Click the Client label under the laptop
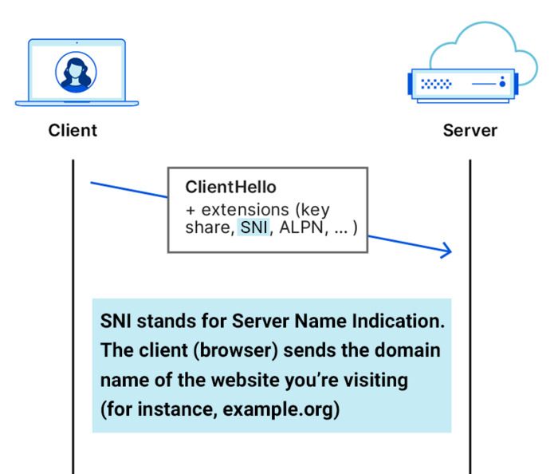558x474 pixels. [x=73, y=131]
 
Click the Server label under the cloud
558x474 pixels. [x=470, y=131]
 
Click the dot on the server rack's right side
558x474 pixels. [x=502, y=82]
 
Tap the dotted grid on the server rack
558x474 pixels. [x=435, y=82]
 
